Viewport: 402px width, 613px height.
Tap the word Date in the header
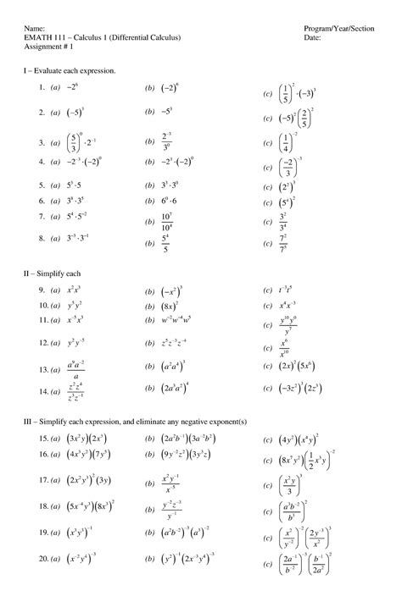312,39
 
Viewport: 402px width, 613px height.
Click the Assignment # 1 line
48,48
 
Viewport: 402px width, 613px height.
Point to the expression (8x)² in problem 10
170,306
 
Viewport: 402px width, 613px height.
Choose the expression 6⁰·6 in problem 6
170,201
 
